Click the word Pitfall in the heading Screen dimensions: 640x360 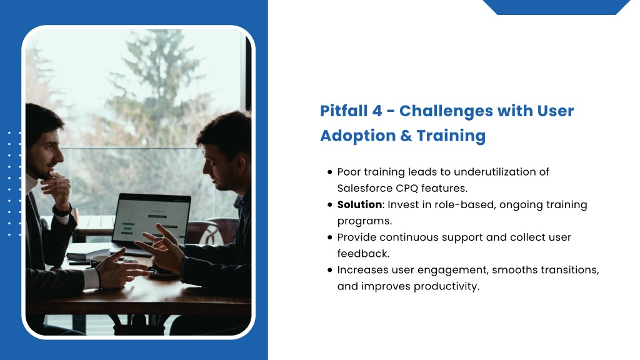pyautogui.click(x=343, y=111)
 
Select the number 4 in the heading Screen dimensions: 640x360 pyautogui.click(x=377, y=111)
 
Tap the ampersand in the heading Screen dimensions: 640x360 pyautogui.click(x=406, y=136)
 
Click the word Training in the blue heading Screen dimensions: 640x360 pyautogui.click(x=451, y=136)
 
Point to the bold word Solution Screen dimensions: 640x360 pyautogui.click(x=359, y=204)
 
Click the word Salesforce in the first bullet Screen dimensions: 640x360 pyautogui.click(x=364, y=188)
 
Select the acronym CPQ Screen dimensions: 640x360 pyautogui.click(x=406, y=188)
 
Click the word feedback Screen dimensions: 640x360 pyautogui.click(x=363, y=254)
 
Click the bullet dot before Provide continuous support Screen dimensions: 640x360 pyautogui.click(x=330, y=237)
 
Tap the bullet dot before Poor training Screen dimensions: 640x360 pyautogui.click(x=330, y=172)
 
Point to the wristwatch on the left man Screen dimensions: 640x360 pyautogui.click(x=62, y=211)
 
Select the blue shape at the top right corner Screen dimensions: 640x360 pyautogui.click(x=556, y=7)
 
